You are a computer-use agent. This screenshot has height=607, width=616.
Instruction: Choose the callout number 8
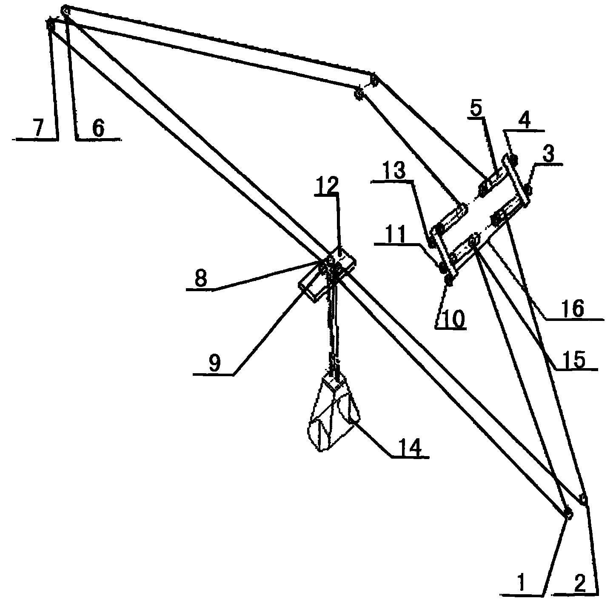pos(201,279)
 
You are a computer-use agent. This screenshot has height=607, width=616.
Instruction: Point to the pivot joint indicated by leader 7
pos(51,25)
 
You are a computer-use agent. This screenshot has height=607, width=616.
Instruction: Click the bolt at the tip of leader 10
pos(448,281)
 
